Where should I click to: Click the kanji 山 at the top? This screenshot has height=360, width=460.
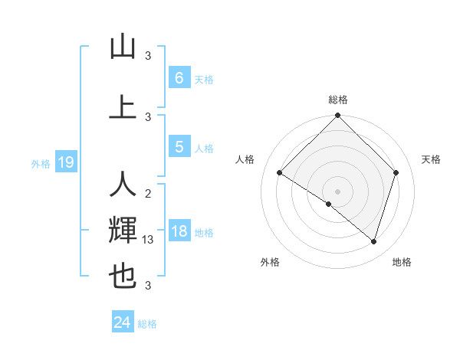coord(123,47)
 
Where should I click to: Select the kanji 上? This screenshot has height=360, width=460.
coord(123,107)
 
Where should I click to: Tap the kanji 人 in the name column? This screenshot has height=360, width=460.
coord(123,185)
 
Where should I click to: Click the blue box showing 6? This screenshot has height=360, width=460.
coord(179,78)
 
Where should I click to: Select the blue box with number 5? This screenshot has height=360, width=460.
coord(179,147)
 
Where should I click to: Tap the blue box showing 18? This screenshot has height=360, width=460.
coord(179,231)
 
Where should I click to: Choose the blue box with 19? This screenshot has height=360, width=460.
coord(65,162)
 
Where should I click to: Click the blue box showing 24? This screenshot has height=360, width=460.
coord(122,322)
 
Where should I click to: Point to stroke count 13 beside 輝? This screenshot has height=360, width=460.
coord(149,240)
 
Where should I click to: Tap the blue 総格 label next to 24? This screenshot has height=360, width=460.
coord(147,324)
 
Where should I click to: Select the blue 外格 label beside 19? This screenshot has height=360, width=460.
coord(41,163)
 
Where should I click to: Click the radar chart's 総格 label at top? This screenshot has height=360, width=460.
coord(337,100)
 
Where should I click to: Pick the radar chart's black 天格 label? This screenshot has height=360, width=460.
coord(431,159)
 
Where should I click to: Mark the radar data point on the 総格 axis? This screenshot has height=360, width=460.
coord(337,116)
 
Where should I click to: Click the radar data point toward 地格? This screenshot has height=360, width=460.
coord(374,242)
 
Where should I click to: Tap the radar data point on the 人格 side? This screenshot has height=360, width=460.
coord(280,173)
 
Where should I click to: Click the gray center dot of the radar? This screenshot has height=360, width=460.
coord(337,191)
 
